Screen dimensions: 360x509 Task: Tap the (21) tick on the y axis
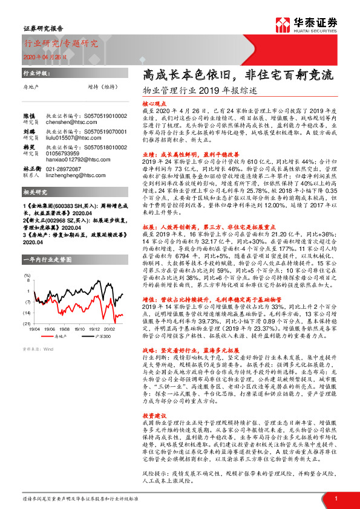click(x=27, y=324)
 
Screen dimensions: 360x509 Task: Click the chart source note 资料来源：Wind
click(x=38, y=349)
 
